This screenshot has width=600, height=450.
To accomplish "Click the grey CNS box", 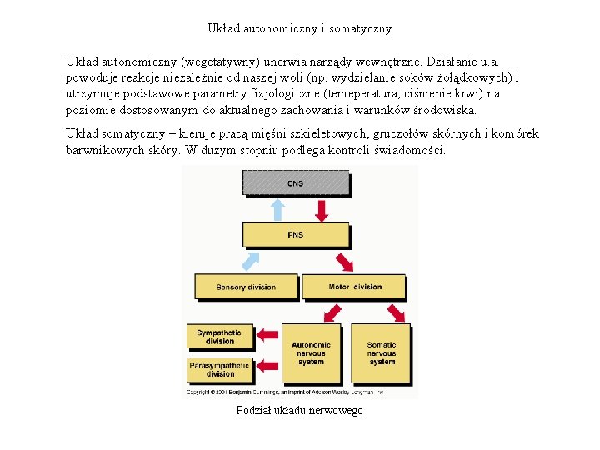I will point(295,182).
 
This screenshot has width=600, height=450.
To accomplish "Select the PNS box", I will point(295,234).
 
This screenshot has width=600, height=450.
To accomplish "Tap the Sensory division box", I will point(246,287).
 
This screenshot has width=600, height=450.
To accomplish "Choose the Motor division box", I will point(354,287).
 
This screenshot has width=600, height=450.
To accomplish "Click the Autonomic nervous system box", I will point(311,352).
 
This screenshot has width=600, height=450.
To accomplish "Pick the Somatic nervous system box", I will point(382,352).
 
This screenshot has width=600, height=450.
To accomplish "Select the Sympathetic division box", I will point(219,337).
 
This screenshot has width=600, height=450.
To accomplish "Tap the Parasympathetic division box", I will point(219,369).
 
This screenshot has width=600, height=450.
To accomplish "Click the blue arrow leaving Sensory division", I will point(250,261).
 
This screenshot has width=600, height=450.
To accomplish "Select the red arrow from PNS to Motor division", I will point(343,261).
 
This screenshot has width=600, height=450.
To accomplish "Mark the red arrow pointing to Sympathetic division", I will point(269,335).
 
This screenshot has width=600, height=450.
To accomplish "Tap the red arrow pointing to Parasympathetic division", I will point(269,367).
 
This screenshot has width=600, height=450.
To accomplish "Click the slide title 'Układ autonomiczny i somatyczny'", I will point(299,28).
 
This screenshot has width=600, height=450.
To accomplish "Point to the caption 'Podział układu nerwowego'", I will point(299,410).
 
